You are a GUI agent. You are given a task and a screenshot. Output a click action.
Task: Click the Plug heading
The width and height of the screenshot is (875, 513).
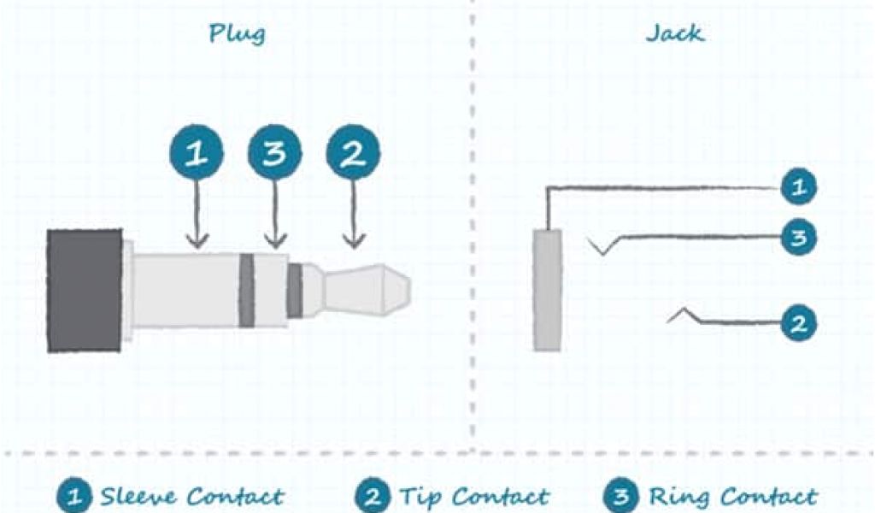click(x=237, y=34)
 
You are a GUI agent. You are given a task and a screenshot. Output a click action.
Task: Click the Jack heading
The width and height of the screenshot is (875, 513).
click(x=674, y=34)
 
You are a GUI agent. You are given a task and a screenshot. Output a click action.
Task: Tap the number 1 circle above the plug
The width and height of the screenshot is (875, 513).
click(x=197, y=155)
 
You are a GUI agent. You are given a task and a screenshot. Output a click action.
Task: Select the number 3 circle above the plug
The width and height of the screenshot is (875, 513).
click(x=274, y=155)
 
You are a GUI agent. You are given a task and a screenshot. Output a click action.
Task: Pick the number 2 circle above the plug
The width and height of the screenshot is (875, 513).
click(x=353, y=155)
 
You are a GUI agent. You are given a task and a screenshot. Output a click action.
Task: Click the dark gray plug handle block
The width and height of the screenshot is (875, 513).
click(x=85, y=290)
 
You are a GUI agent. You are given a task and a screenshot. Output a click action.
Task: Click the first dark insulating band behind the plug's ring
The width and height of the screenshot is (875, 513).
click(x=247, y=290)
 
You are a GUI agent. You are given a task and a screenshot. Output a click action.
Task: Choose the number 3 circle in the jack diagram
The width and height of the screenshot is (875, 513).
click(x=798, y=237)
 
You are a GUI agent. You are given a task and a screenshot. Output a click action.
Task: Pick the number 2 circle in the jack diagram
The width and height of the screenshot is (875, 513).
click(x=798, y=324)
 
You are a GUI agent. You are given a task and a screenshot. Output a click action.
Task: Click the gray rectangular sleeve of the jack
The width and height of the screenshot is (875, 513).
click(x=548, y=290)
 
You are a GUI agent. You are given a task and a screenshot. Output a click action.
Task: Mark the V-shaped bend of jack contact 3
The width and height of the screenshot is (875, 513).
click(x=603, y=249)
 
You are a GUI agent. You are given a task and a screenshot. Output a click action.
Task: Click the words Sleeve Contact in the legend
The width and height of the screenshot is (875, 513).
click(x=191, y=496)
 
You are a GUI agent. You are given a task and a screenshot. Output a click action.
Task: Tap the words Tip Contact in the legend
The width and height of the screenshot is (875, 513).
click(x=473, y=496)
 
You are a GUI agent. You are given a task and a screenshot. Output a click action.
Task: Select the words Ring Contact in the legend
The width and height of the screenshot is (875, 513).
click(x=732, y=496)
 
